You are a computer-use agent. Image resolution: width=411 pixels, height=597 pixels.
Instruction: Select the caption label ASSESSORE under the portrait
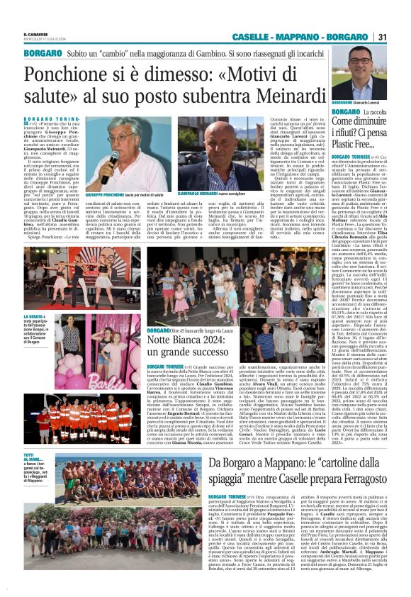[x=344, y=103]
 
